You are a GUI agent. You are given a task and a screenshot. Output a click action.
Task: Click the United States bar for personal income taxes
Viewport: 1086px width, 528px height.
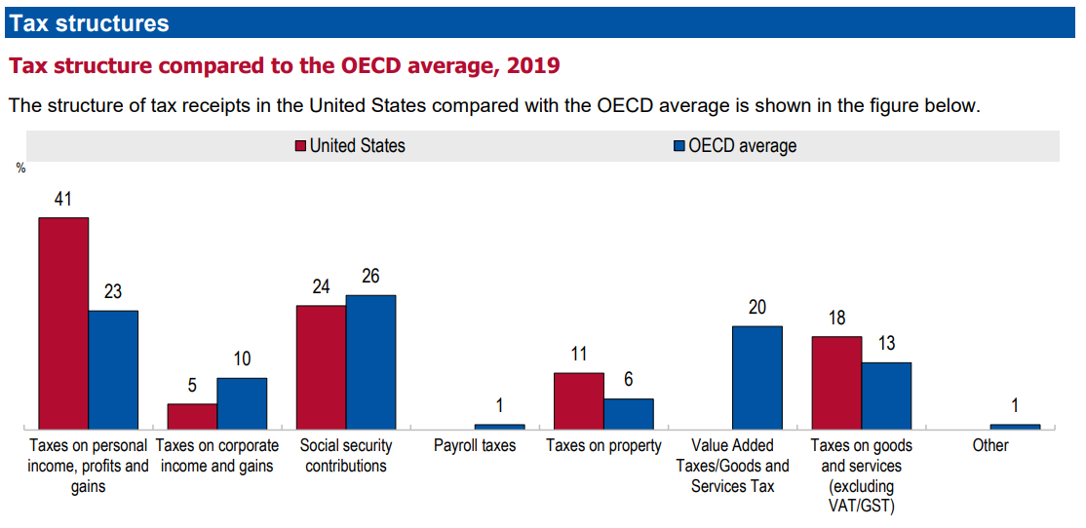63,322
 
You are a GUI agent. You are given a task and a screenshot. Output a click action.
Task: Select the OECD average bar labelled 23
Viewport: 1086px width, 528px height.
113,369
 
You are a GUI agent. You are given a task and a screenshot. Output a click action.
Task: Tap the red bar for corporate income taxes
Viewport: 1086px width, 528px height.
192,416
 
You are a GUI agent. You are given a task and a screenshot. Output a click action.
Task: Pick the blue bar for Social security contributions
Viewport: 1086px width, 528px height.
370,361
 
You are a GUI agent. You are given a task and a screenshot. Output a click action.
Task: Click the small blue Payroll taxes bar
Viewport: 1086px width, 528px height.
499,427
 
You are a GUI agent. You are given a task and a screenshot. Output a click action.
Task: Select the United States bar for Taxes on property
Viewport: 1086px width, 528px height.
579,400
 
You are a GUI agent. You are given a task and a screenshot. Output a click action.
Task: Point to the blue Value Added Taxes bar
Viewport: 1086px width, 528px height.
757,377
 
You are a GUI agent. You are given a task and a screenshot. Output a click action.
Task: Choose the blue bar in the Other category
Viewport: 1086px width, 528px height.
1015,427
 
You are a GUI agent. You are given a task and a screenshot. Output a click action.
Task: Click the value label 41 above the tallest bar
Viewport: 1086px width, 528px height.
63,200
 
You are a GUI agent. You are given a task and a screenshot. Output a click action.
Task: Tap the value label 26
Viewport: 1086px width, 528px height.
370,277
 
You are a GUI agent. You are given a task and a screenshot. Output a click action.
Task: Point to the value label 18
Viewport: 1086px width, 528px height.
836,319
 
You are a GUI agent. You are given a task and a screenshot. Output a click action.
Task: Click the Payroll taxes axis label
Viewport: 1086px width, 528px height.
475,446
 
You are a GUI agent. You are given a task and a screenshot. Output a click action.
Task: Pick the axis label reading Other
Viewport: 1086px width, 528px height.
990,446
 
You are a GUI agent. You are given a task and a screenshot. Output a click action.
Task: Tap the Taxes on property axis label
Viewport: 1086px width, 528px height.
603,446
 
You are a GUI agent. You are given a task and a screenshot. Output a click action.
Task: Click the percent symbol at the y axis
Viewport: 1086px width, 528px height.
20,169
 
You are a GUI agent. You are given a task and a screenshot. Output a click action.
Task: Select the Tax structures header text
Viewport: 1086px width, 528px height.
89,23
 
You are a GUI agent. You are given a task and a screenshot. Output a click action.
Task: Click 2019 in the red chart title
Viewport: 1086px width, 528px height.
532,66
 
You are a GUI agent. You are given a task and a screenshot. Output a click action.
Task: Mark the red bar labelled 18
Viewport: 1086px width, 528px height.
836,382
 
